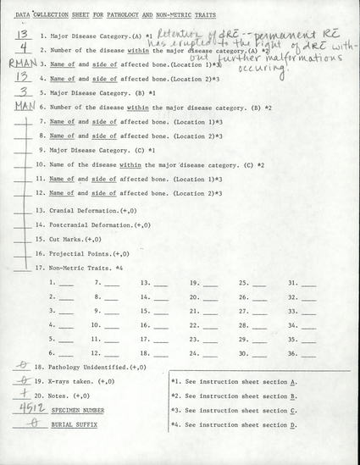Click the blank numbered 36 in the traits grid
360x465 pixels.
coord(308,352)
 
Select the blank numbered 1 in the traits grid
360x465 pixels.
coord(66,282)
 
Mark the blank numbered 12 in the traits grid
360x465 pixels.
coord(114,352)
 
